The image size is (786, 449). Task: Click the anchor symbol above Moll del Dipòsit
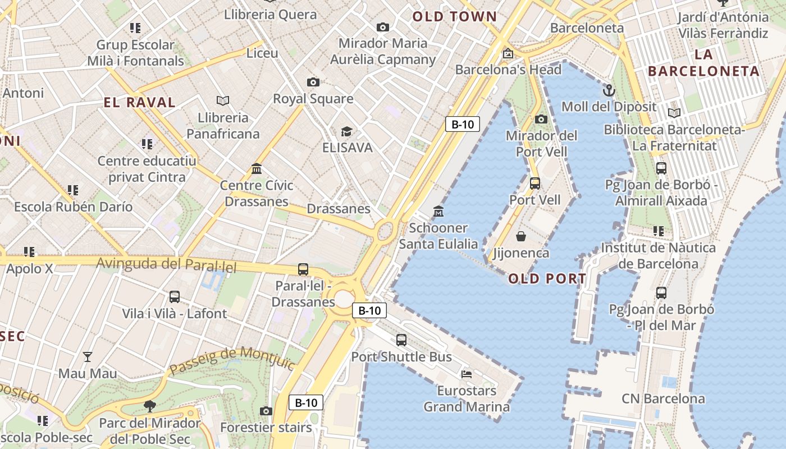[609, 90]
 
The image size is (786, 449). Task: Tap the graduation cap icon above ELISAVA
[346, 132]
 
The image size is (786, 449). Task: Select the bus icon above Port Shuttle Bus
[401, 340]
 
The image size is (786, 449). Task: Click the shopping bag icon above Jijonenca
[521, 236]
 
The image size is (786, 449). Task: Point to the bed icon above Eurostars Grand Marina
[466, 374]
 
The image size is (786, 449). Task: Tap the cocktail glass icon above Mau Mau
[88, 356]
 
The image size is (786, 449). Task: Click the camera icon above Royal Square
[313, 83]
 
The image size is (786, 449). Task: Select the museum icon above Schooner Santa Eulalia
[438, 212]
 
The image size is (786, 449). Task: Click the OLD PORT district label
[547, 278]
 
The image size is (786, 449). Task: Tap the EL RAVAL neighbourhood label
[140, 102]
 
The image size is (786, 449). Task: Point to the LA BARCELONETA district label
[703, 63]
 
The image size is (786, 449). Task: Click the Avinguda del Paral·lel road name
[166, 264]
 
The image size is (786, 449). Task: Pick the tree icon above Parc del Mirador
[149, 406]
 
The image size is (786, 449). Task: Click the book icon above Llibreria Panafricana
[223, 100]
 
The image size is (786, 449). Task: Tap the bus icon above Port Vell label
[534, 183]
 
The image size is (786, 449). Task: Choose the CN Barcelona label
[663, 399]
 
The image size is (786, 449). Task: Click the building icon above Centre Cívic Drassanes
[257, 168]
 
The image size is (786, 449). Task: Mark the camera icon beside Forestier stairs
[266, 411]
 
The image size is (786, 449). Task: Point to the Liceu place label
[262, 53]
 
